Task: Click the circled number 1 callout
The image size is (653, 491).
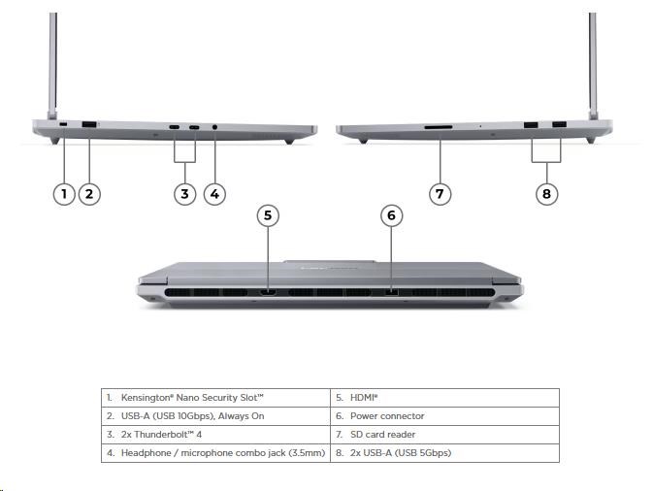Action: tap(64, 194)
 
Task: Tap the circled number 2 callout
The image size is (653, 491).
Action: tap(89, 194)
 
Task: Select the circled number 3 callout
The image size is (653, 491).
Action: tap(184, 194)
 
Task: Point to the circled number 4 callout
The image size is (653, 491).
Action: tap(214, 194)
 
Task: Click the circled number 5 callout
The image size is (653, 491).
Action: tap(268, 215)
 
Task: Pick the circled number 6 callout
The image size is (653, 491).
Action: tap(391, 215)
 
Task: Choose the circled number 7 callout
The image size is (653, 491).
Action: tap(440, 194)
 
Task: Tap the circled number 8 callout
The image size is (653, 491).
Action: tap(546, 194)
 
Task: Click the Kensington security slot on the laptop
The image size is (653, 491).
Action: tap(63, 124)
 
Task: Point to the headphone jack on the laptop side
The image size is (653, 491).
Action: tap(214, 127)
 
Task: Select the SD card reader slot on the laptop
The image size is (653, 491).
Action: tap(439, 127)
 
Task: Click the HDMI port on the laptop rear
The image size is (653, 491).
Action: tap(268, 292)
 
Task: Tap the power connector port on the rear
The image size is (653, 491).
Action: tap(391, 292)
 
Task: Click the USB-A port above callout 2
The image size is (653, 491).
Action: tap(89, 124)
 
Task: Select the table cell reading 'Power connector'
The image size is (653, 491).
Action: tap(444, 416)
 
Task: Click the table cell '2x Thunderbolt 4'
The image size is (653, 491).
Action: tap(215, 435)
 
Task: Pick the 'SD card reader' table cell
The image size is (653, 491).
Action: tap(444, 435)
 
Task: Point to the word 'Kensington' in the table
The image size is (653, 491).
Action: tap(147, 398)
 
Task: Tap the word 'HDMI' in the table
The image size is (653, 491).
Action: tap(362, 398)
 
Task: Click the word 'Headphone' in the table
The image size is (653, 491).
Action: tap(147, 453)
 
